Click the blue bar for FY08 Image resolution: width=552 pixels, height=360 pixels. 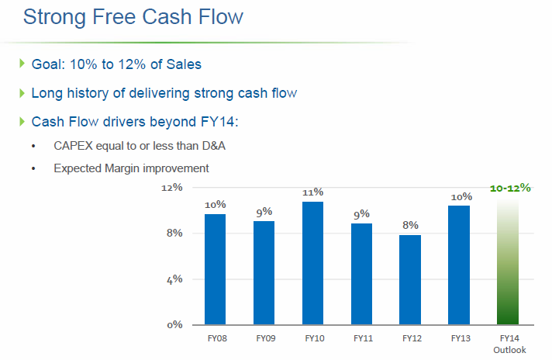(x=215, y=268)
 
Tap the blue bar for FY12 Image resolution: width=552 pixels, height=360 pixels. (x=410, y=279)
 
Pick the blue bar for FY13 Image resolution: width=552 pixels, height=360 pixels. (x=459, y=265)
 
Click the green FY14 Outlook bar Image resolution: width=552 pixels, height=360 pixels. (x=509, y=264)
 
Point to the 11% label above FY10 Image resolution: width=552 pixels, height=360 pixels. (x=313, y=192)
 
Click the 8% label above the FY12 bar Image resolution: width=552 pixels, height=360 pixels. (x=411, y=226)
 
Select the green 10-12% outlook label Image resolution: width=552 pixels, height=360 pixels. (x=509, y=189)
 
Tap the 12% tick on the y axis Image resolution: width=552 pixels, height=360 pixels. (x=172, y=187)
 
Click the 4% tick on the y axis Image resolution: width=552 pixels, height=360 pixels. (x=174, y=279)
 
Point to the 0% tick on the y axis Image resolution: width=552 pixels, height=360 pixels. (x=174, y=324)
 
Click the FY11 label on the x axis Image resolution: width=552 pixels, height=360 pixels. (x=361, y=338)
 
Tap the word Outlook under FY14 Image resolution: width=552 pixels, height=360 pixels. (x=509, y=350)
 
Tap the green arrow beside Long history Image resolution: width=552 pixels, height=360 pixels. (x=22, y=93)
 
